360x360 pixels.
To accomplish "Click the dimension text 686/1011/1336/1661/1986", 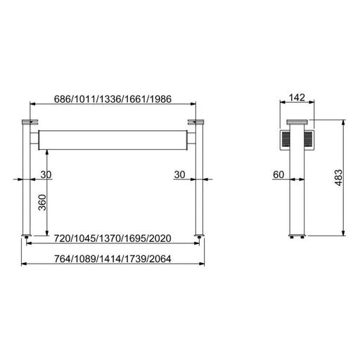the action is (x=112, y=99).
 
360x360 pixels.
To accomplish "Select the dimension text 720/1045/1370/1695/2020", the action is (x=112, y=238).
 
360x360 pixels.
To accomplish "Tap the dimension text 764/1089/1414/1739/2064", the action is (x=112, y=259).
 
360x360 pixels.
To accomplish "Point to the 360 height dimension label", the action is (x=42, y=202).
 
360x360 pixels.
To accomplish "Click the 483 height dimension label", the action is (x=338, y=178).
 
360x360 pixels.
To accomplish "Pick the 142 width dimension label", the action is (x=297, y=98).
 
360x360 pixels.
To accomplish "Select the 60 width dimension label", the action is (x=278, y=174).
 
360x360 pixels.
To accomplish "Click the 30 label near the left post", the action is (x=46, y=174).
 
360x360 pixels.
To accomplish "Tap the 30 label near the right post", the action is (x=179, y=174).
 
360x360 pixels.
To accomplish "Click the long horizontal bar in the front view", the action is (x=112, y=140).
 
